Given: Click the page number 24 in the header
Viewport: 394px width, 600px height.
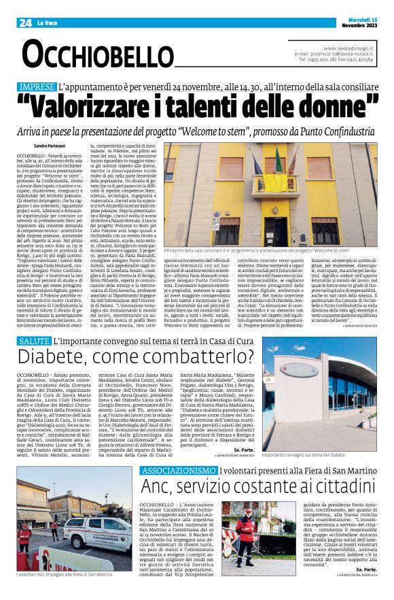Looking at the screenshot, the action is [25, 22].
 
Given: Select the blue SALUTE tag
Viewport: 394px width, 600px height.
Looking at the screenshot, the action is [34, 340].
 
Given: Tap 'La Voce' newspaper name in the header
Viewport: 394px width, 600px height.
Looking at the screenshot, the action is [48, 23].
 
